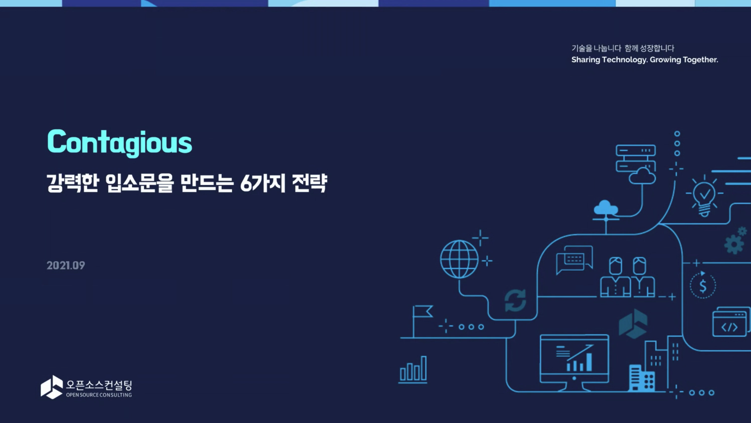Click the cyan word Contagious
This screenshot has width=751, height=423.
click(x=119, y=143)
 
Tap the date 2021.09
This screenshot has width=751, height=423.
click(x=66, y=265)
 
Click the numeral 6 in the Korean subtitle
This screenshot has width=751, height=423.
click(x=246, y=184)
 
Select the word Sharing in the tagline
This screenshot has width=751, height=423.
click(x=586, y=60)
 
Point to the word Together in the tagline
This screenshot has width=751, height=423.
click(x=700, y=59)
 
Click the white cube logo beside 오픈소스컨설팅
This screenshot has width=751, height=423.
click(x=52, y=387)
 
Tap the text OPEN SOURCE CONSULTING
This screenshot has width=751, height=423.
click(x=99, y=395)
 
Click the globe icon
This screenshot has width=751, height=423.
click(x=459, y=259)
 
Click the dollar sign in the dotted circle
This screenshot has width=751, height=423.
click(x=703, y=286)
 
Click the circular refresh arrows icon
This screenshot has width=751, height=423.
click(x=515, y=301)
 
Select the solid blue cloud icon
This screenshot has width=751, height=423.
click(x=606, y=208)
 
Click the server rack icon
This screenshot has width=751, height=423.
click(x=636, y=158)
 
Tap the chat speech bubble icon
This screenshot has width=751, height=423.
click(x=574, y=260)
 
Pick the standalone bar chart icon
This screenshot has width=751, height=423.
click(x=413, y=369)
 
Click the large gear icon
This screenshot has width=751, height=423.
click(x=734, y=244)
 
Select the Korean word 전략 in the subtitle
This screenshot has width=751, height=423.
click(x=309, y=183)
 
